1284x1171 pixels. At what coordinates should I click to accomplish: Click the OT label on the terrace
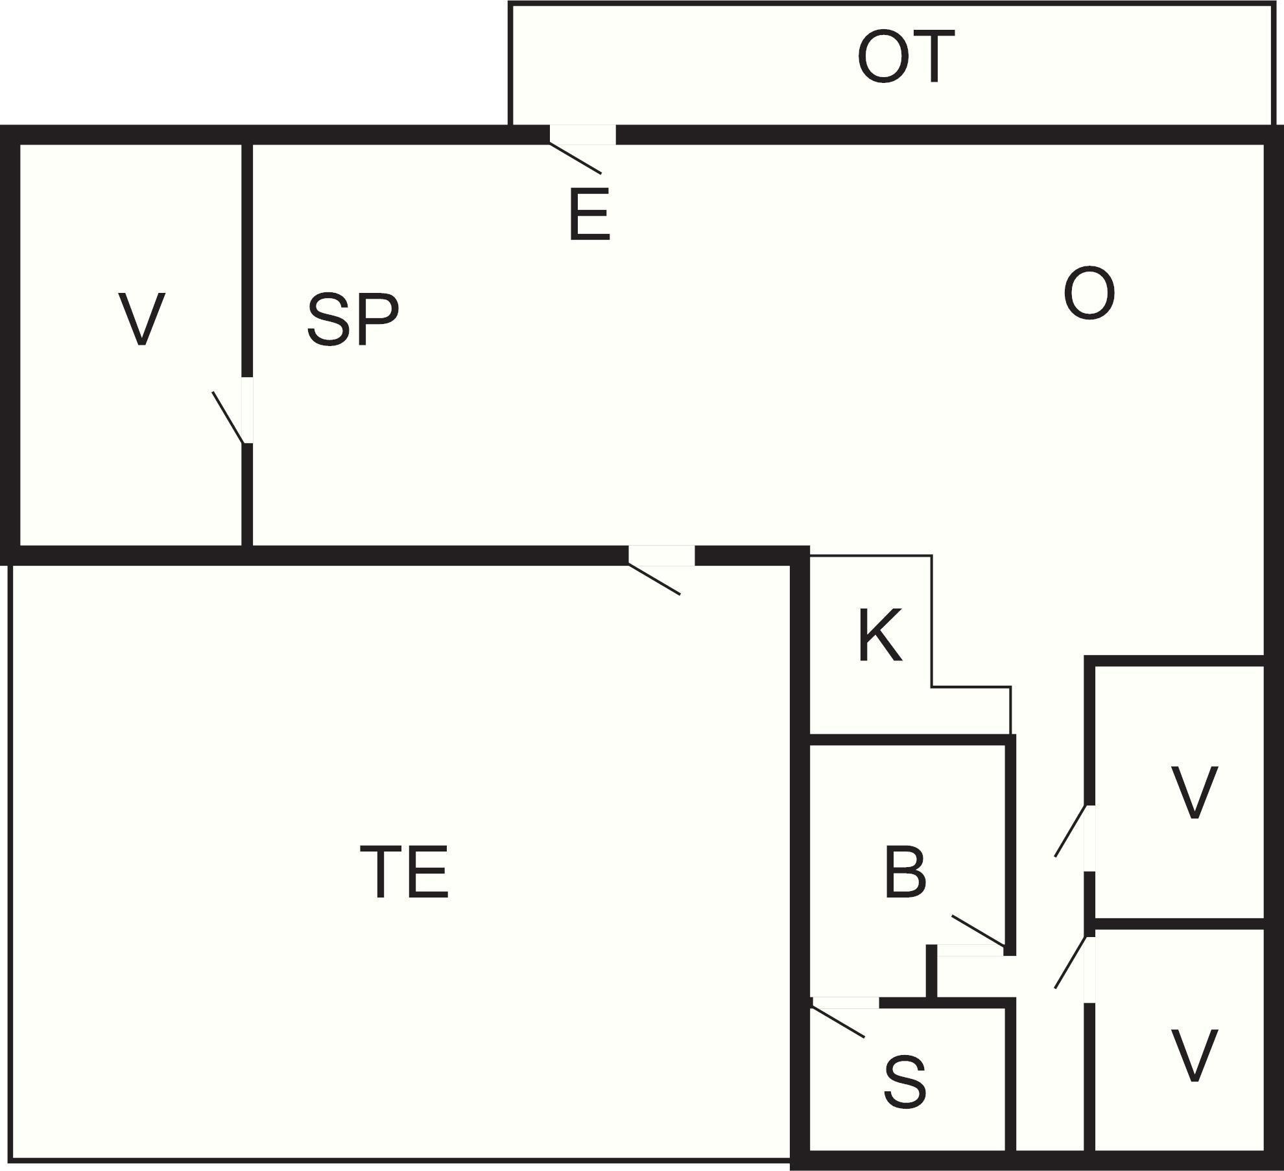pos(906,57)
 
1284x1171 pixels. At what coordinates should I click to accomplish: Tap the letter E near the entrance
pos(590,214)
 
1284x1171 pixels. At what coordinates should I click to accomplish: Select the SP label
pos(352,319)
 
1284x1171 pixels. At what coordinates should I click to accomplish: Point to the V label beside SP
pos(142,319)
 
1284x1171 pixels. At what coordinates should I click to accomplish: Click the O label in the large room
pos(1089,294)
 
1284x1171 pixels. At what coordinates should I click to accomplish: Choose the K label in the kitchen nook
pos(880,635)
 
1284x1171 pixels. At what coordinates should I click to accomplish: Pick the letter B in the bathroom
pos(905,872)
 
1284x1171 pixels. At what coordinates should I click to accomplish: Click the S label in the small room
pos(905,1081)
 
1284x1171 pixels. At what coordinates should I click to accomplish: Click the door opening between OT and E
pos(582,135)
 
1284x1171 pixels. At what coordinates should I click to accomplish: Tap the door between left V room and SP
pos(247,410)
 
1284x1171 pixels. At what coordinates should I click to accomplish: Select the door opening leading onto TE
pos(661,555)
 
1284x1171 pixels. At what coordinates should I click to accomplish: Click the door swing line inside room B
pos(978,931)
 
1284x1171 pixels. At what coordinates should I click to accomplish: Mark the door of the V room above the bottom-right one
pos(1090,839)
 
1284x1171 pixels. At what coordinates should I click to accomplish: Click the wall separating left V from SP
pos(247,260)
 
